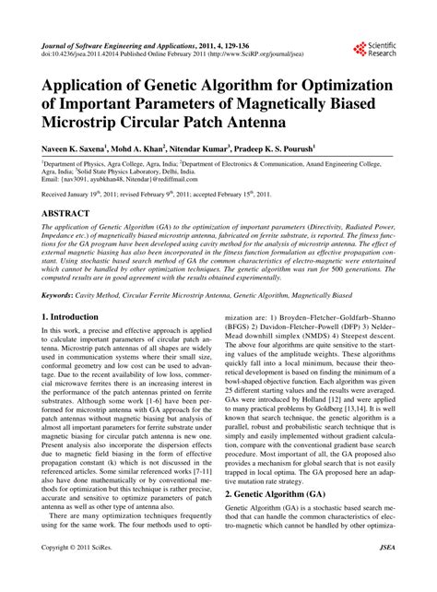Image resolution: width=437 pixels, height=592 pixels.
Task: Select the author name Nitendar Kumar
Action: pyautogui.click(x=218, y=147)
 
